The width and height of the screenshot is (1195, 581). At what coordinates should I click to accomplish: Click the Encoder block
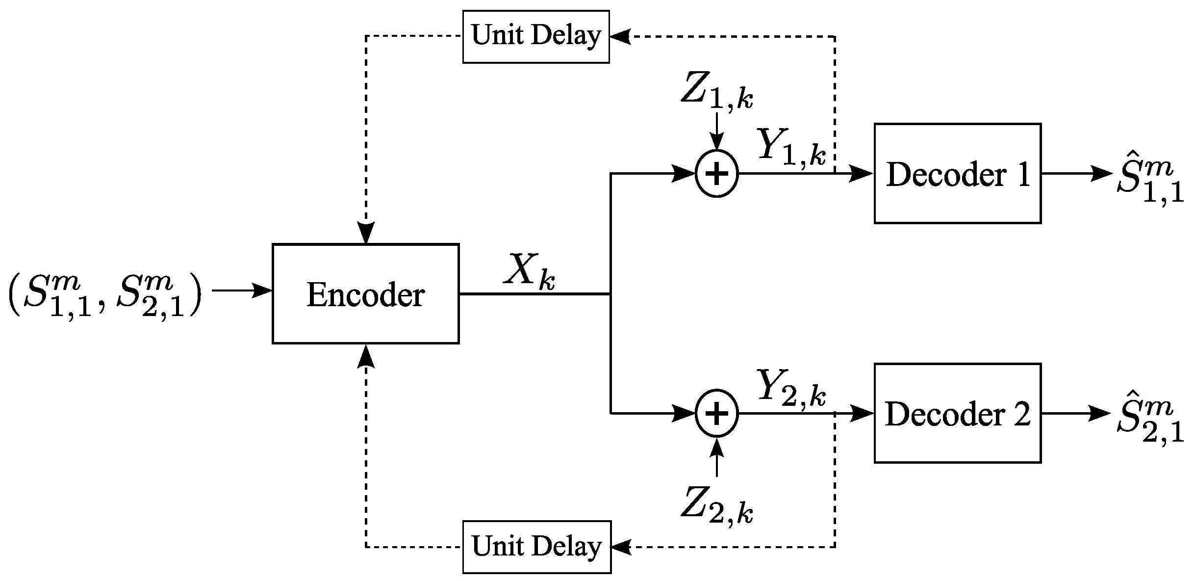[365, 293]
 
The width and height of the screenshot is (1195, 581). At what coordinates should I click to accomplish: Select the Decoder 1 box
[957, 174]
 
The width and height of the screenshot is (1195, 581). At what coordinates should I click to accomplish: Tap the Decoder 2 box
[957, 413]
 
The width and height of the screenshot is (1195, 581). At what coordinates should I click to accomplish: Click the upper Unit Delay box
[536, 37]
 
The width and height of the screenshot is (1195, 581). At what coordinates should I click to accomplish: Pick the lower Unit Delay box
[536, 547]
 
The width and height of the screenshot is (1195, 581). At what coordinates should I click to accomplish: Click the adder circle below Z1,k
[716, 174]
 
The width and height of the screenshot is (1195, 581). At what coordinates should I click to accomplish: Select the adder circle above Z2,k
[716, 414]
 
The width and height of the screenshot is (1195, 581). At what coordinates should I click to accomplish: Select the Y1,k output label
[791, 146]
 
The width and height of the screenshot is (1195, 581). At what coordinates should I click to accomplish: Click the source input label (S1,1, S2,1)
[104, 296]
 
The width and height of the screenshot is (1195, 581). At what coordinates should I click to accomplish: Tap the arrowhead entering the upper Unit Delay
[620, 37]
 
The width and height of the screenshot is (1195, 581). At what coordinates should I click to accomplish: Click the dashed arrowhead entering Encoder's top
[365, 233]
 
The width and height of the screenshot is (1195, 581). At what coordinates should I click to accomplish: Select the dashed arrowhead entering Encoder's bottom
[365, 355]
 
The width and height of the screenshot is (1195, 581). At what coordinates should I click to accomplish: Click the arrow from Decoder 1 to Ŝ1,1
[1076, 173]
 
